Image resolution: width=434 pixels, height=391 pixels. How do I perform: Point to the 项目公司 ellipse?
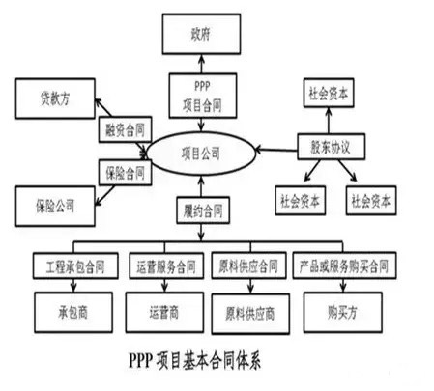pyautogui.click(x=201, y=152)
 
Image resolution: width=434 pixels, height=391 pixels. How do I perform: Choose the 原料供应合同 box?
pyautogui.click(x=248, y=264)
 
